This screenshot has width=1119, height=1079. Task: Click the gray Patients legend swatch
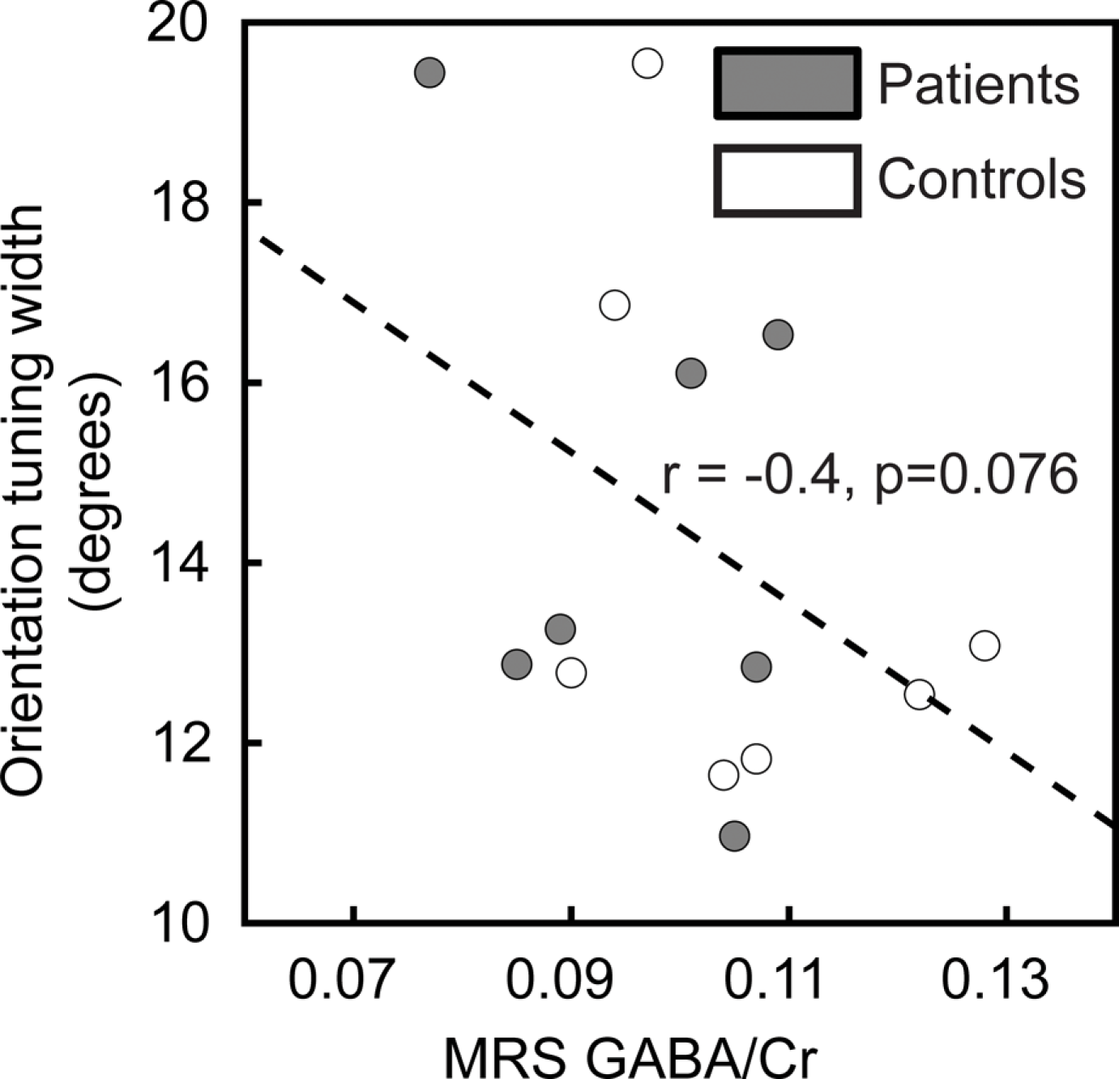point(786,84)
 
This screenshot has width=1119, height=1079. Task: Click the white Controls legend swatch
point(786,181)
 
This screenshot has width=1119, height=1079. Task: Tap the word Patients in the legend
point(979,83)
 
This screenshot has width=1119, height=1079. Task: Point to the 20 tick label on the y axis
point(176,24)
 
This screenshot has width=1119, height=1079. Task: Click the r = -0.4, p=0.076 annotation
point(869,473)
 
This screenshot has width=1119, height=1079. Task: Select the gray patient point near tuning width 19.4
point(429,73)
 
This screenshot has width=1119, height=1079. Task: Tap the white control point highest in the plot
point(647,63)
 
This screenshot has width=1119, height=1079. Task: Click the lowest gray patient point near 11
point(734,836)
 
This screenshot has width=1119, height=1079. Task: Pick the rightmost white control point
point(984,646)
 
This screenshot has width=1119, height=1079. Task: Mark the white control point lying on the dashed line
point(920,695)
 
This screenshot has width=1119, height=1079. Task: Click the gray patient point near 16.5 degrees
point(778,334)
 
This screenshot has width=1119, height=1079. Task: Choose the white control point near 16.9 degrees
point(615,306)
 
